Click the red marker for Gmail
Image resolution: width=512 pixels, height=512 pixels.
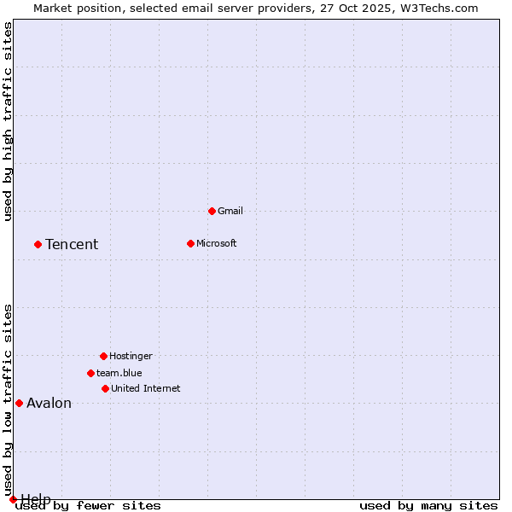212,211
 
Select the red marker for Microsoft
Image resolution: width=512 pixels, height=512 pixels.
190,243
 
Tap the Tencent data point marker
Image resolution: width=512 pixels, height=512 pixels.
38,244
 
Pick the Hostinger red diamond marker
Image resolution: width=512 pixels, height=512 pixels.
103,356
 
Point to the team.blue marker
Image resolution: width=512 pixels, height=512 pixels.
90,373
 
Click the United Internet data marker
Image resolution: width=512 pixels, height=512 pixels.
105,388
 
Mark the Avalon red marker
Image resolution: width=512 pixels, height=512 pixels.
19,403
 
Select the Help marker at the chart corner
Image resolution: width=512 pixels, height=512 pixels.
13,499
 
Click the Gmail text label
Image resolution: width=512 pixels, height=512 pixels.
230,211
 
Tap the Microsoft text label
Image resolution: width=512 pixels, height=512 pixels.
217,243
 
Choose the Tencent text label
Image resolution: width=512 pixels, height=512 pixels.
72,244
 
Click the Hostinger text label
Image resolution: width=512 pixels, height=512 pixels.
131,356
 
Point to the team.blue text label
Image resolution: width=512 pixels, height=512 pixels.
119,373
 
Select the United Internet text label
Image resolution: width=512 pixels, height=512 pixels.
146,388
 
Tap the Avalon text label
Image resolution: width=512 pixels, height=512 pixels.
49,403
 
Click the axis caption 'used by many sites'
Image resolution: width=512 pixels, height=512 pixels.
428,506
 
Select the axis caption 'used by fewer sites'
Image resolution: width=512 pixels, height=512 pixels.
89,506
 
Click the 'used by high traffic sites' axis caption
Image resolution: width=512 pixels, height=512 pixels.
8,121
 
